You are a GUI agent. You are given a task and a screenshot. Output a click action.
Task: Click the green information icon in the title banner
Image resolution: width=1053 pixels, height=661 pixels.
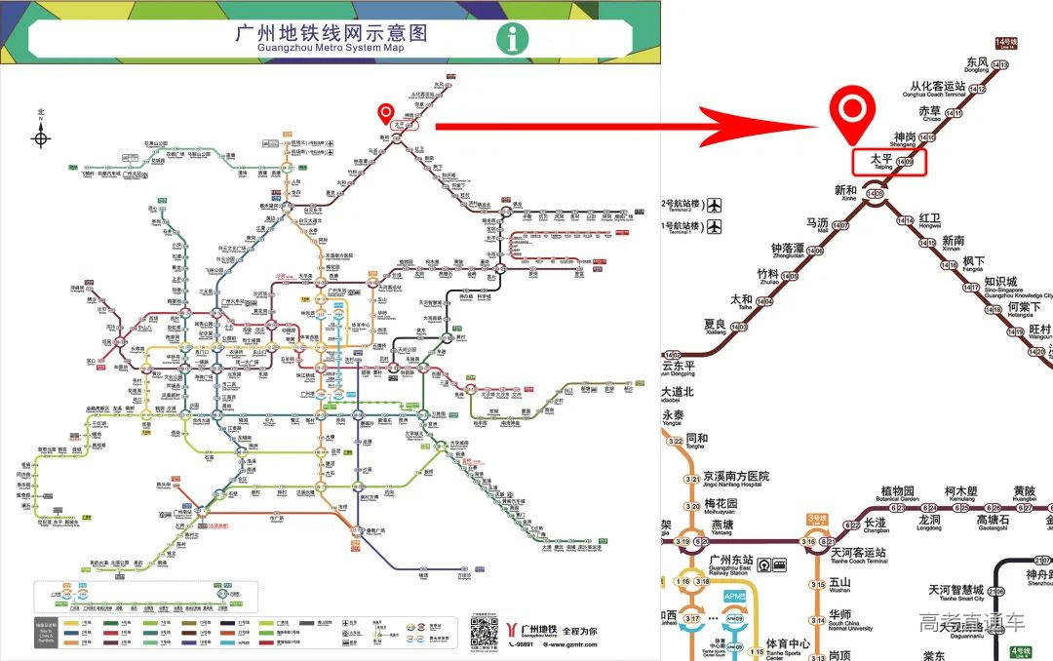513,39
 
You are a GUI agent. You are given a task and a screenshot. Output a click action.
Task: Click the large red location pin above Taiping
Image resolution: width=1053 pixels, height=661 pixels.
854,115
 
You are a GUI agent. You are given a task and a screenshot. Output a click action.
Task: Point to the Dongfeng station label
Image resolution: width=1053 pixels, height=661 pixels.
976,65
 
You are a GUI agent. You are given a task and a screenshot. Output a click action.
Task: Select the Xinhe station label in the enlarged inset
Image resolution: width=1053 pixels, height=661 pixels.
845,192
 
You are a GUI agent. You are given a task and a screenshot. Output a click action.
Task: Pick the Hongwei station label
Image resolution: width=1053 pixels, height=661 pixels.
929,220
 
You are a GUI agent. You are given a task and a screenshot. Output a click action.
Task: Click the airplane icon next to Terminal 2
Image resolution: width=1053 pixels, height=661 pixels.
716,206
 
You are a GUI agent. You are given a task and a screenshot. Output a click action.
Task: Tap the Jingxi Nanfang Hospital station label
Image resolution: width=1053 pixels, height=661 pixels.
736,478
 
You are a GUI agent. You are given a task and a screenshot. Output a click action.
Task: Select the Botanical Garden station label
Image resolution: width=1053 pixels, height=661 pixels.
898,494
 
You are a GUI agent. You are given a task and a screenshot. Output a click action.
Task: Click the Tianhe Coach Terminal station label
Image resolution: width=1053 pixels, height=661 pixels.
858,556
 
